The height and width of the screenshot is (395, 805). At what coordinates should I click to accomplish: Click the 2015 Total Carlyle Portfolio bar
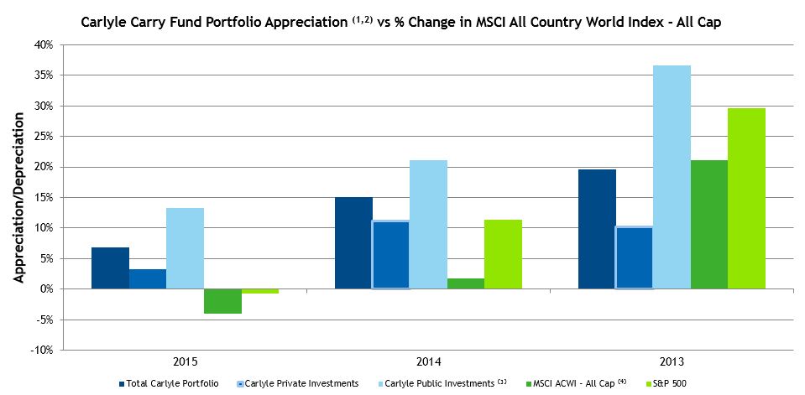point(110,268)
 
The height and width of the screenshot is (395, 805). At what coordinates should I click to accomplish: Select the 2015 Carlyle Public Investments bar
point(185,248)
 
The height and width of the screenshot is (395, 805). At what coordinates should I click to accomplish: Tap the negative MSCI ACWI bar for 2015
point(222,301)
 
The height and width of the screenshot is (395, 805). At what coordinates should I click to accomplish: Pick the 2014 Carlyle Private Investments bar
point(390,255)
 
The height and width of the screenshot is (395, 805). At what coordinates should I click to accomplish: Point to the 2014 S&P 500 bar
point(503,254)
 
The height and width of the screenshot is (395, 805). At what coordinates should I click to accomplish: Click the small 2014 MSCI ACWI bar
point(466,283)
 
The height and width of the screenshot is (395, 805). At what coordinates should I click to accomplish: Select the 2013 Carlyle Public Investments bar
point(672,177)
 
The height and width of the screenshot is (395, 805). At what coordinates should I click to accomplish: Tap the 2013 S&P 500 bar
point(746,198)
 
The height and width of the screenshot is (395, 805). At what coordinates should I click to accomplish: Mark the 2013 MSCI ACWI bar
point(709,224)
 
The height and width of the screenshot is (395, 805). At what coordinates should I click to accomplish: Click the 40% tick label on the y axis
point(44,44)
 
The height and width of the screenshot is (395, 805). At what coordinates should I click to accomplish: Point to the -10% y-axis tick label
point(43,350)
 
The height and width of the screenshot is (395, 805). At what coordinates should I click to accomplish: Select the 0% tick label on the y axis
point(47,288)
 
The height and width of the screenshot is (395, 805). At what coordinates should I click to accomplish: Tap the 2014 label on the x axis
point(428,361)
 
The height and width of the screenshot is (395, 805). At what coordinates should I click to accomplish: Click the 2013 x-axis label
point(672,361)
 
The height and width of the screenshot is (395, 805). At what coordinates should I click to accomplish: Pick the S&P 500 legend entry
point(667,383)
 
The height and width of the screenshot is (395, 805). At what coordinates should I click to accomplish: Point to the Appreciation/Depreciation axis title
point(18,197)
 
